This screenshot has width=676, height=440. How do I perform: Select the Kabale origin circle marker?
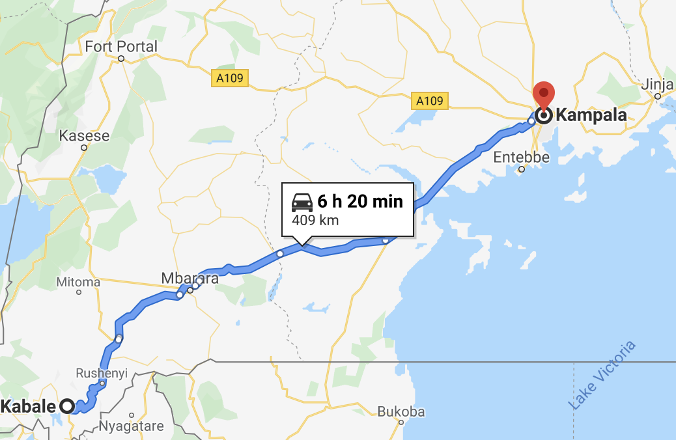[67, 407]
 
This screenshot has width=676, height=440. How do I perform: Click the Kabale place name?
[30, 407]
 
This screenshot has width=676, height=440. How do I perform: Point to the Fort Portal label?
[122, 47]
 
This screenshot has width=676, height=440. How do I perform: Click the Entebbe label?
[521, 158]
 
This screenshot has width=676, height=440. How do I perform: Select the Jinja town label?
[657, 85]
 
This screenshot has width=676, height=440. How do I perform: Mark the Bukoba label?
[401, 411]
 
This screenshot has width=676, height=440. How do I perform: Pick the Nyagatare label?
[131, 427]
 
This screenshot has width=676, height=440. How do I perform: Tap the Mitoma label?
[79, 282]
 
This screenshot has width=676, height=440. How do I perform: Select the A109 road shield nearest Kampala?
[429, 101]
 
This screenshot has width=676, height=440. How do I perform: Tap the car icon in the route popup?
[302, 202]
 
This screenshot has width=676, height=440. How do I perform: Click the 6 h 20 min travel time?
[360, 202]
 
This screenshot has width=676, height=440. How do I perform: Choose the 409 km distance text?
[315, 220]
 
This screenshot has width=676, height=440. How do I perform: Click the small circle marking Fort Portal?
[121, 59]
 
